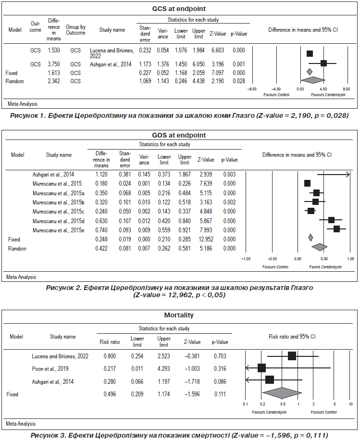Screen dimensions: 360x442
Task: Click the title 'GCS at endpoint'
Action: coord(179,9)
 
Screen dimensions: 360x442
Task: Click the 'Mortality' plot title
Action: coord(179,315)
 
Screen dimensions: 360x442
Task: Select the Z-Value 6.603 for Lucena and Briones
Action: coord(218,50)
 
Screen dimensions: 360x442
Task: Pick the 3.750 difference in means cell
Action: coord(54,64)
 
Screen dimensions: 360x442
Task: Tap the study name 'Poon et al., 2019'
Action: coord(50,369)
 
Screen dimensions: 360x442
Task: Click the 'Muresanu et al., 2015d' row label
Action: coord(58,221)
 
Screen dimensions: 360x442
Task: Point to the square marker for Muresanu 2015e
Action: coord(336,229)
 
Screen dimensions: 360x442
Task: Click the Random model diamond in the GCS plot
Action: coord(313,80)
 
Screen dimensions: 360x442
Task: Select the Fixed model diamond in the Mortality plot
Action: coord(282,393)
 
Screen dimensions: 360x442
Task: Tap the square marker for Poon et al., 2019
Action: coord(261,368)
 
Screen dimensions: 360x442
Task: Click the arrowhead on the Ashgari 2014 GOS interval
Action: coord(348,175)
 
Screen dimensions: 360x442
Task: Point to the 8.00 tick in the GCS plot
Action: coord(347,89)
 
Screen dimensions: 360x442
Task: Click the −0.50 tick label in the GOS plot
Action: coord(272,259)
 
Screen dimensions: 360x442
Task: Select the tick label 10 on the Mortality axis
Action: coord(351,404)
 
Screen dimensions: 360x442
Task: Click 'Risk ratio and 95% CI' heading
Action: coord(292,337)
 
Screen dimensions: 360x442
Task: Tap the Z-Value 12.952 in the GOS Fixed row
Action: coord(206,240)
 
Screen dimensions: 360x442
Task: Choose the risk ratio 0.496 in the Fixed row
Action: coord(110,394)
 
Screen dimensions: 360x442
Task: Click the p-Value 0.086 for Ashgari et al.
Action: coord(220,382)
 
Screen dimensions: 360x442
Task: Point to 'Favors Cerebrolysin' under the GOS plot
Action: coord(325,267)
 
